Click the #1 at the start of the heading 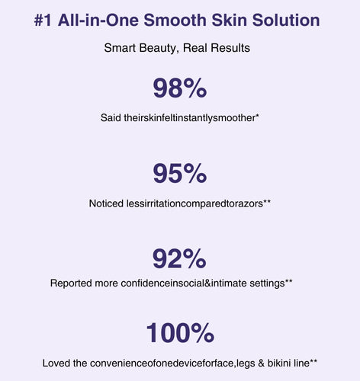(x=43, y=20)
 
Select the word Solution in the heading (x=286, y=20)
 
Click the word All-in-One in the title (x=98, y=20)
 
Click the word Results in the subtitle (x=230, y=48)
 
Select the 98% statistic (x=180, y=88)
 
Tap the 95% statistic (x=180, y=174)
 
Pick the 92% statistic (x=179, y=259)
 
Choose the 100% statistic (x=180, y=333)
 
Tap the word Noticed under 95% (x=106, y=203)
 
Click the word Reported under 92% (x=71, y=283)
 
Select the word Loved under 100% (x=56, y=363)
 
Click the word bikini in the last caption (x=279, y=363)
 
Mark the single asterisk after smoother (x=257, y=116)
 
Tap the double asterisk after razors (x=267, y=201)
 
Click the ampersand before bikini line (x=261, y=363)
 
